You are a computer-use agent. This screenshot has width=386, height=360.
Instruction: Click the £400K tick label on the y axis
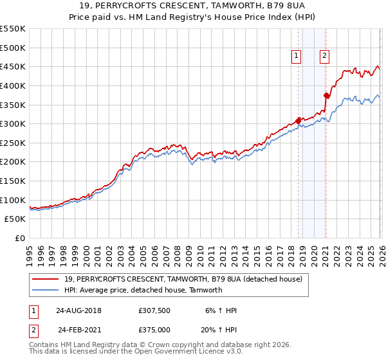tap(13, 85)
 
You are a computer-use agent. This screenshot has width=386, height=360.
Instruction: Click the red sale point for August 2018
tap(299, 120)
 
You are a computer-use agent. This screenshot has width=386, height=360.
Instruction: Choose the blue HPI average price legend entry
tap(143, 290)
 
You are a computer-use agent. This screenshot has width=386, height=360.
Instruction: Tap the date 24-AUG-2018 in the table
tap(78, 310)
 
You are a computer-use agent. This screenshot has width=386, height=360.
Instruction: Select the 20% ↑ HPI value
tap(220, 330)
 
